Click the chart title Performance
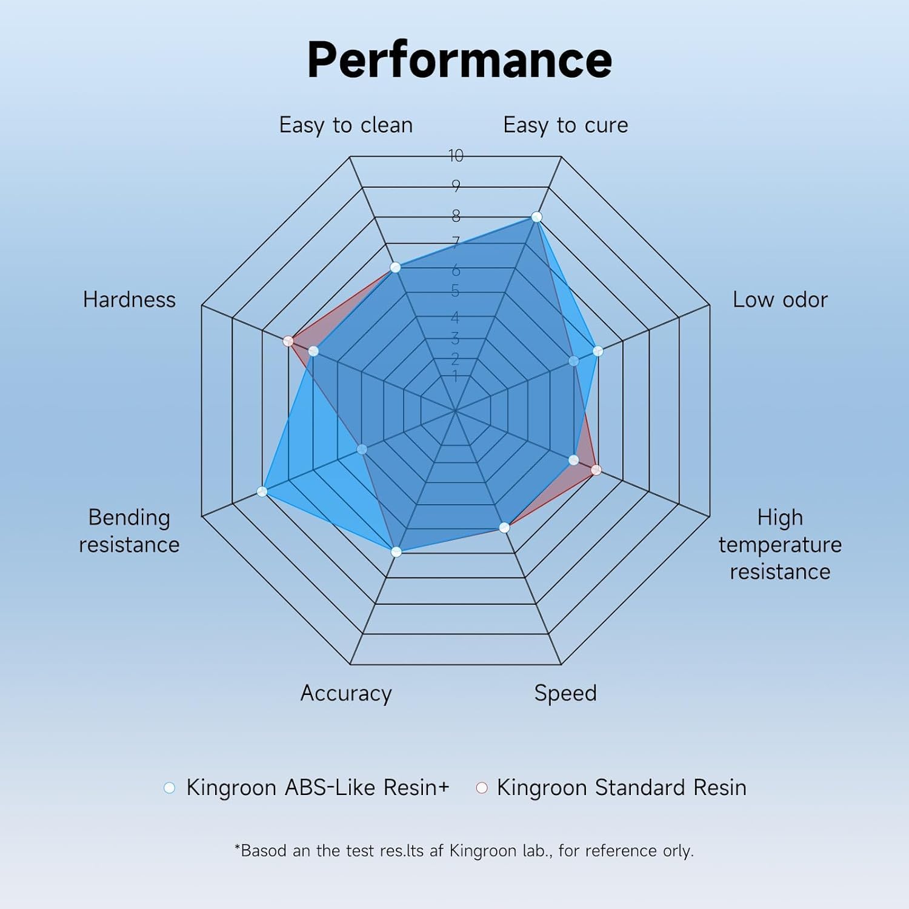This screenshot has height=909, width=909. point(459,60)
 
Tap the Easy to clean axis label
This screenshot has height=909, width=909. point(346,125)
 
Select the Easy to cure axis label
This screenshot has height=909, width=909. point(565,125)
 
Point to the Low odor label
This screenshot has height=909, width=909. point(780,299)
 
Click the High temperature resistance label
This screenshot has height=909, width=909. point(780,544)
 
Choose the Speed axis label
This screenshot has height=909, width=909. point(565,693)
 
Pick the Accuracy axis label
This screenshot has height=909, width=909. point(346,693)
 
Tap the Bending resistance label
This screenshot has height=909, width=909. point(129,531)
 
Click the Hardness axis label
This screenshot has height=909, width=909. point(129,299)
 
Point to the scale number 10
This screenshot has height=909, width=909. point(456,156)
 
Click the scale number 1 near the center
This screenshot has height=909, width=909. point(455,377)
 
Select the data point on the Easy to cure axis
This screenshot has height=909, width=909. point(536,217)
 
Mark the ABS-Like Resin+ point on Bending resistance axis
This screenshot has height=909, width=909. point(262,491)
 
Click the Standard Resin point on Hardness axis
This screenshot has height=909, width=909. point(288,341)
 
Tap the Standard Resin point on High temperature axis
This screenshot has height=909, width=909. point(596,470)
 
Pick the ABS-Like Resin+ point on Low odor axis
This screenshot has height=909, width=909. point(598,351)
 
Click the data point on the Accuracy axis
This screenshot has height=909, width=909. point(396,552)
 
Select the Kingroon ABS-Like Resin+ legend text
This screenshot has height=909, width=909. point(318,787)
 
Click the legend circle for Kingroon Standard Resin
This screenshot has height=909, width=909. point(482,788)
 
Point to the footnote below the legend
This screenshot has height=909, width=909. point(464,851)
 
